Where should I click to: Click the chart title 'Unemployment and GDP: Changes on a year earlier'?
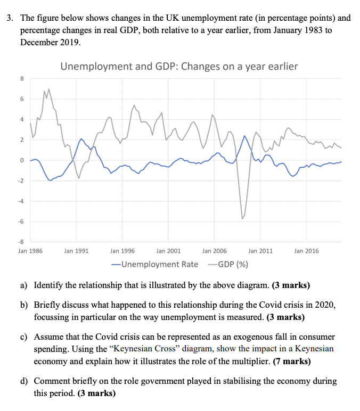(x=179, y=67)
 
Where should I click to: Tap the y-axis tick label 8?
(x=22, y=79)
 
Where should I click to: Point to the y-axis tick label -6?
(x=21, y=221)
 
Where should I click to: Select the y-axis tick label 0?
(x=22, y=160)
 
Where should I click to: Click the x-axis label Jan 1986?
(x=30, y=250)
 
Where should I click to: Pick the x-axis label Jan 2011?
(x=260, y=250)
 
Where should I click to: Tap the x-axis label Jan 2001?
(x=168, y=250)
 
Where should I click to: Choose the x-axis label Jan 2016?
(x=306, y=250)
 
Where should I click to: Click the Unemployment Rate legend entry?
(x=154, y=264)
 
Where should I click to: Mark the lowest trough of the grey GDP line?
(x=242, y=218)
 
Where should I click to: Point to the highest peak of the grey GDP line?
(x=49, y=89)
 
